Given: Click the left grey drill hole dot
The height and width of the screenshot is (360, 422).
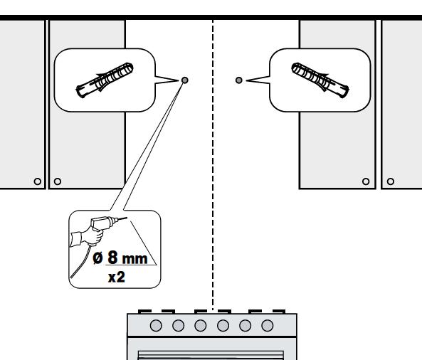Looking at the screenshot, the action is click(x=184, y=80).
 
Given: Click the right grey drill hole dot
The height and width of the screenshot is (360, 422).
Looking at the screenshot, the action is click(x=238, y=80).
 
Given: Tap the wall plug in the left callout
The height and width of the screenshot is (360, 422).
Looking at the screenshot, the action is click(x=105, y=80).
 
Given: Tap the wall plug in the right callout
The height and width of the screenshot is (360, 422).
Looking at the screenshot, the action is click(x=320, y=80).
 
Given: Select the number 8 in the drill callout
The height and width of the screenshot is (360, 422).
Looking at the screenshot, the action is click(x=112, y=257).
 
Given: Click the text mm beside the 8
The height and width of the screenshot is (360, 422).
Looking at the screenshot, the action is click(x=134, y=259).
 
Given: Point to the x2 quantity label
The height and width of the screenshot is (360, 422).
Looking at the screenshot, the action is click(x=117, y=277).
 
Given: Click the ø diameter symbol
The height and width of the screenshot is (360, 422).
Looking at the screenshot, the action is click(x=97, y=258).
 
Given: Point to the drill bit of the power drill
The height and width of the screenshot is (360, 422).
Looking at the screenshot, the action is click(x=122, y=218).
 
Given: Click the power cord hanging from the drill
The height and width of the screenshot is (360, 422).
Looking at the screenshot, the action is click(x=80, y=263).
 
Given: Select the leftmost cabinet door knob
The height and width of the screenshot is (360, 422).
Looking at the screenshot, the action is click(x=38, y=181).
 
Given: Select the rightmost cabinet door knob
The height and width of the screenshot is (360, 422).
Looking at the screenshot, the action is click(x=391, y=181).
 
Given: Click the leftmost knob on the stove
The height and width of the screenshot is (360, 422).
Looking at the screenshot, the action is click(x=156, y=326).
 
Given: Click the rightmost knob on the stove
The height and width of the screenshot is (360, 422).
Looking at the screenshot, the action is click(x=268, y=326).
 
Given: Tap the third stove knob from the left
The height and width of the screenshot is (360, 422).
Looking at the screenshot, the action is click(x=201, y=326).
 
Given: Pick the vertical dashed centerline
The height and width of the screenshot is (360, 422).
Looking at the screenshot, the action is click(x=213, y=165).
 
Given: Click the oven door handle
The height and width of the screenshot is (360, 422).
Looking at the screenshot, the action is click(x=211, y=354).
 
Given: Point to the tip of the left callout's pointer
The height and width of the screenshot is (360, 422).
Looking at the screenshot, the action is click(x=178, y=80).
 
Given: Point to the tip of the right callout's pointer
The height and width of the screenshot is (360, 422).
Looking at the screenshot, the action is click(x=246, y=80).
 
